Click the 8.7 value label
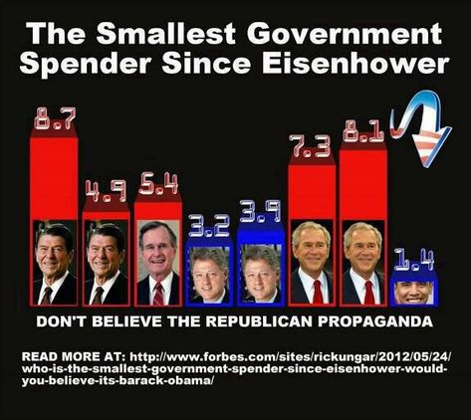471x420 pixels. (x=55, y=118)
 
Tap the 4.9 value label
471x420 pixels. (x=107, y=191)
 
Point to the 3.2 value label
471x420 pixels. (x=209, y=225)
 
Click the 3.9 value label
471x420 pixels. (x=260, y=211)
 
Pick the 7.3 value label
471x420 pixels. (x=310, y=145)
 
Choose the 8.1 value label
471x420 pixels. (x=363, y=131)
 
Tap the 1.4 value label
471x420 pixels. (x=414, y=261)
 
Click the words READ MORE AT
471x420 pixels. (x=73, y=357)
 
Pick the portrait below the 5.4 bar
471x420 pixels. (x=158, y=263)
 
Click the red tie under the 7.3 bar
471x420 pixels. (x=318, y=292)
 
